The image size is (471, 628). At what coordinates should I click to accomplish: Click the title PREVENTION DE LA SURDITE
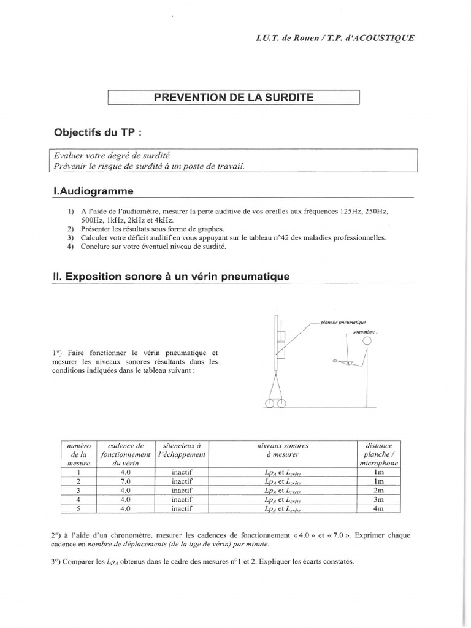point(233,98)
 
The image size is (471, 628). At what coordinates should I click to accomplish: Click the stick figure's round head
point(367,340)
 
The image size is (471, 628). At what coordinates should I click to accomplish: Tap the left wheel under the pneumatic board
point(270,403)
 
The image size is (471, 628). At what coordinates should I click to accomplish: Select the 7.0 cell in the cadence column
point(125,482)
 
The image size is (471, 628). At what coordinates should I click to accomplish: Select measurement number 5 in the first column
point(78,508)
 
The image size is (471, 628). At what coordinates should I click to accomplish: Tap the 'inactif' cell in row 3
point(182,491)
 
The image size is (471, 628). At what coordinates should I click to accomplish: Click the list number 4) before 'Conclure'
point(71,247)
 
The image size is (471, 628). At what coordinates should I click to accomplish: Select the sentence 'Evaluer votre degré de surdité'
point(104,156)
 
